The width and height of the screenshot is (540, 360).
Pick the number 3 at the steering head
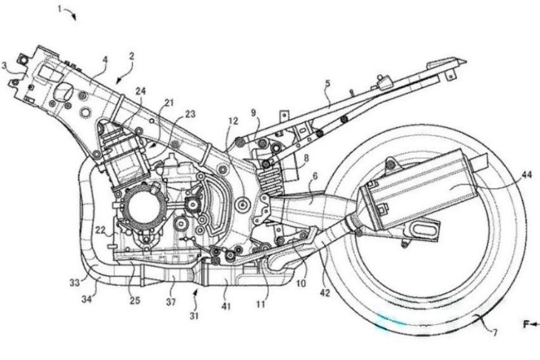[5, 65]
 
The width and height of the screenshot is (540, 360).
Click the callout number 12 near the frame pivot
[233, 120]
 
